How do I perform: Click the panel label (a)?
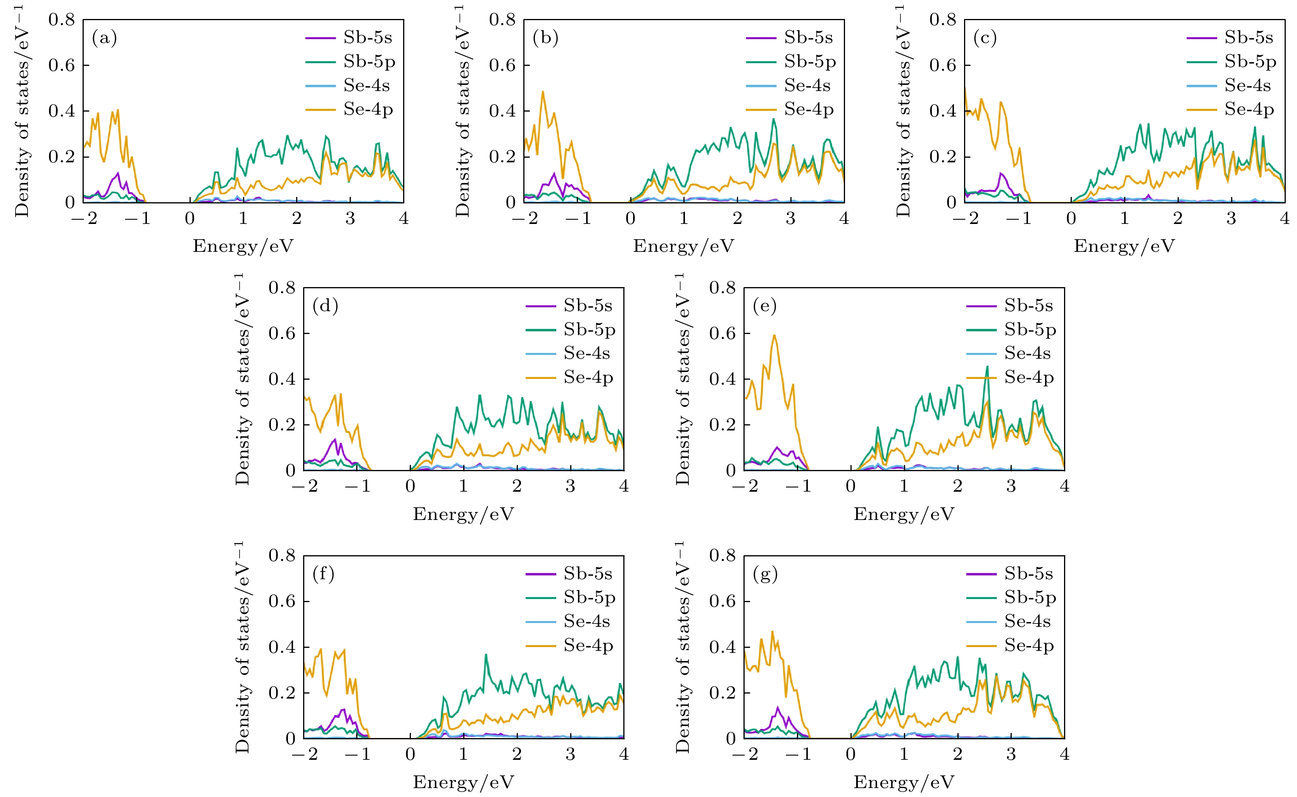(x=104, y=38)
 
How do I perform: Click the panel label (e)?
(x=765, y=306)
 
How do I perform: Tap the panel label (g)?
(x=766, y=574)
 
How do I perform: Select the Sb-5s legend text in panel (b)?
(x=808, y=38)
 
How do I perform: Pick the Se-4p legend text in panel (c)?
(x=1249, y=109)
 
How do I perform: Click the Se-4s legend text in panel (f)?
(x=587, y=621)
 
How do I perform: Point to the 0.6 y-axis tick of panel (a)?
(x=62, y=65)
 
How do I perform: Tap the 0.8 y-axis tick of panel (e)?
(x=722, y=288)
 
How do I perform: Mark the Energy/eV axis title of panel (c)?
(x=1124, y=246)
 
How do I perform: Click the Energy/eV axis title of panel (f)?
(x=463, y=782)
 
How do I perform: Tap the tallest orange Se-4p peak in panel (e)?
(x=774, y=335)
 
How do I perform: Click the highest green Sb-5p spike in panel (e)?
(x=987, y=367)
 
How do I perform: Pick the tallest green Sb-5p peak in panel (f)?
(x=486, y=655)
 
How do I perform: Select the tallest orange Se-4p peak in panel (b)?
(x=543, y=92)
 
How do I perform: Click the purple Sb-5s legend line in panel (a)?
(x=320, y=38)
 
